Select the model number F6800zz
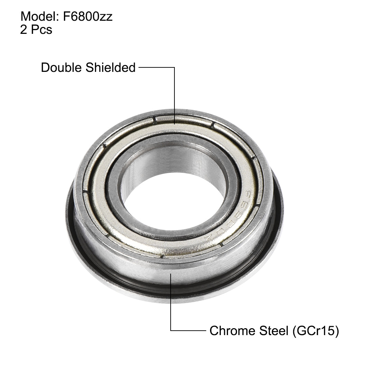tap(88, 17)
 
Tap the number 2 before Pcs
tap(24, 30)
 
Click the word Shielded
tap(111, 67)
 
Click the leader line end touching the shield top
tap(174, 123)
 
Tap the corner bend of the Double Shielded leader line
tap(174, 68)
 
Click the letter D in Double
tap(45, 67)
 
